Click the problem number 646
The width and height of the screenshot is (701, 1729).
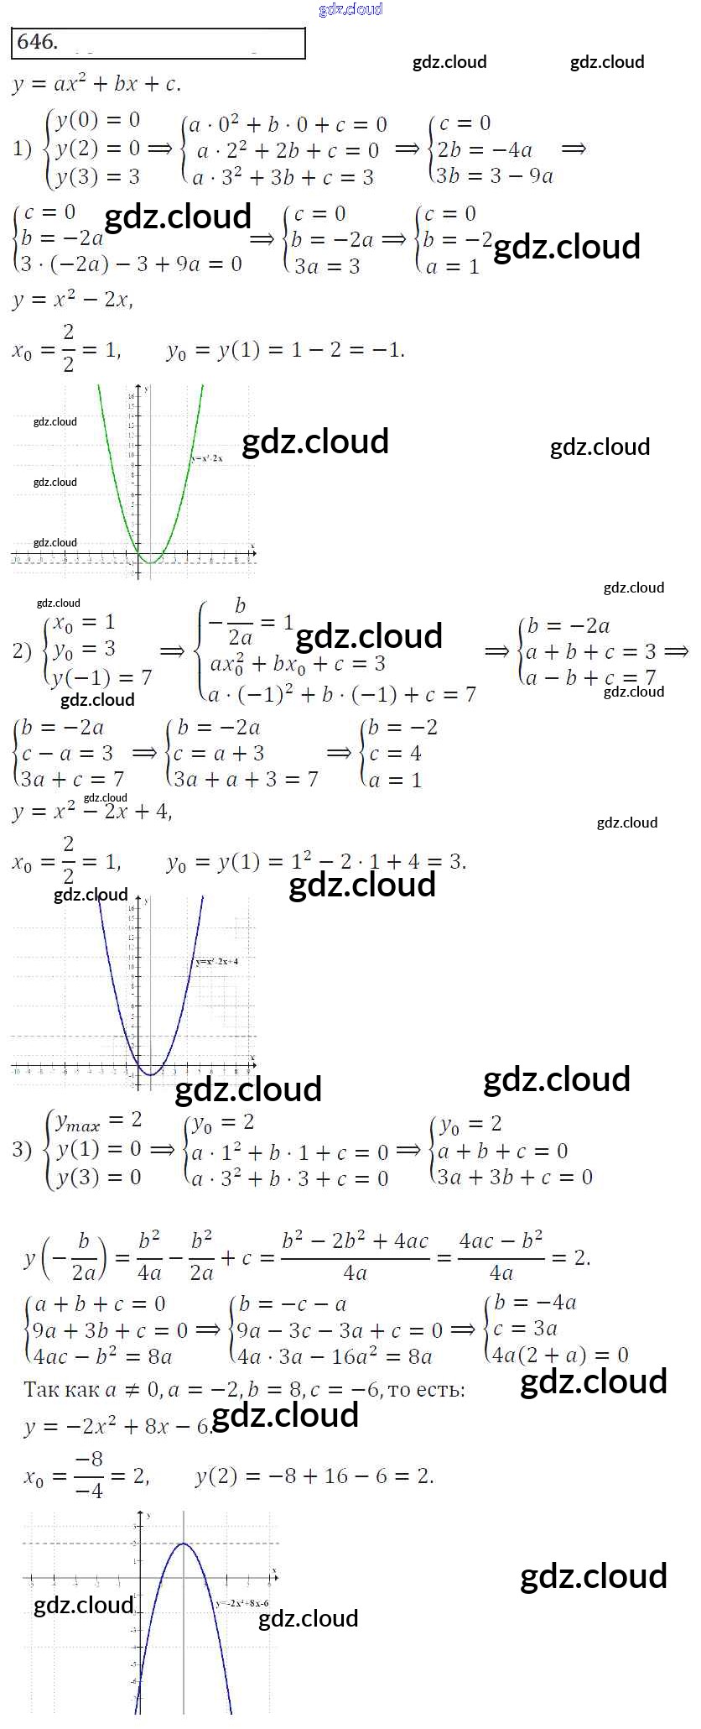(37, 42)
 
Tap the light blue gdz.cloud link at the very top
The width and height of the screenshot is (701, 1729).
(350, 9)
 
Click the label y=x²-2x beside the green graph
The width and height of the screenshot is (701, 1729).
(207, 458)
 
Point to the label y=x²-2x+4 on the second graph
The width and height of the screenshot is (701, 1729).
(216, 961)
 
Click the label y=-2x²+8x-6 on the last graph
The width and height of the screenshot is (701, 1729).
(242, 1603)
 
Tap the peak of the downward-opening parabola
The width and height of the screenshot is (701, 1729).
(184, 1544)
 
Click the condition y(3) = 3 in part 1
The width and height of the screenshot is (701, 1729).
(97, 177)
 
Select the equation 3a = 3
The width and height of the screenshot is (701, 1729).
(327, 266)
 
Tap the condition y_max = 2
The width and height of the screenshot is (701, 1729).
(98, 1120)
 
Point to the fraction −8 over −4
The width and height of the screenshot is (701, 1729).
(88, 1477)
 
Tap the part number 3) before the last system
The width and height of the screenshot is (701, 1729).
(22, 1149)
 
